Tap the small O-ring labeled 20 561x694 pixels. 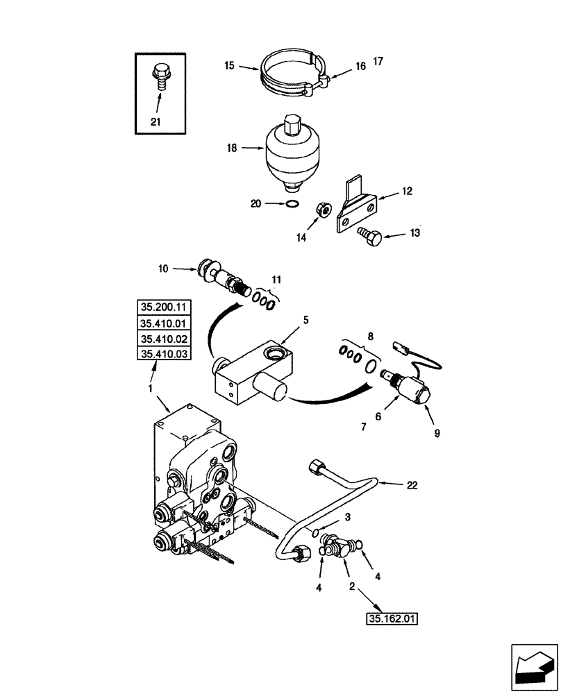click(293, 203)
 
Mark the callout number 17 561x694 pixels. click(378, 62)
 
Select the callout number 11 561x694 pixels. click(277, 280)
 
